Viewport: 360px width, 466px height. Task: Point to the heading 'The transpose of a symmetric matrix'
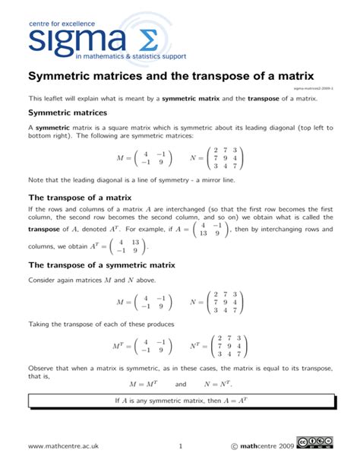[x=102, y=265]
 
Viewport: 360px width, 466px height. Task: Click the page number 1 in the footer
[x=180, y=445]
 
